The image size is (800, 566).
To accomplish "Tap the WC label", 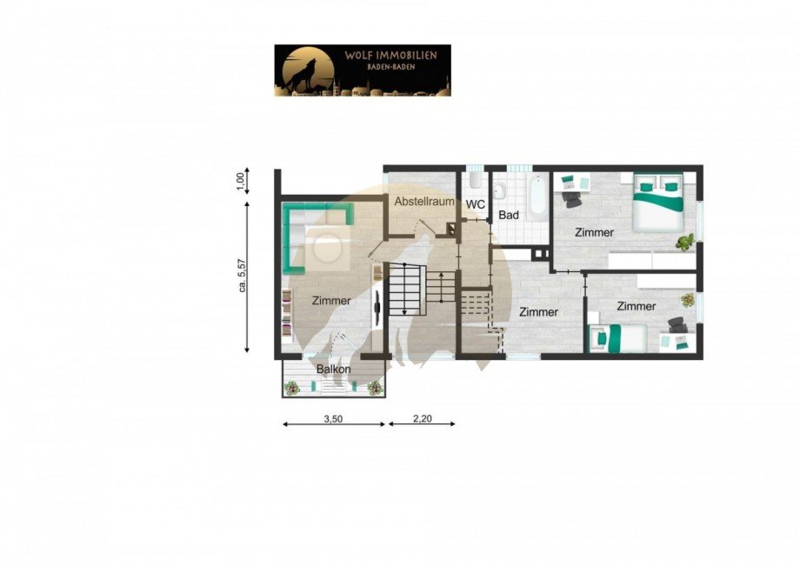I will click(475, 204).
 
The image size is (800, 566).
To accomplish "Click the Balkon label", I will click(334, 370).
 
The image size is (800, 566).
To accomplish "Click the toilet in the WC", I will click(475, 181).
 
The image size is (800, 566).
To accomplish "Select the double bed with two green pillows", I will click(657, 202).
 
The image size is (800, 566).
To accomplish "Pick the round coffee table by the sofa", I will click(329, 247).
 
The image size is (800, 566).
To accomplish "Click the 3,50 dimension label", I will click(334, 418).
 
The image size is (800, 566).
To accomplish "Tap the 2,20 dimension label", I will click(422, 418).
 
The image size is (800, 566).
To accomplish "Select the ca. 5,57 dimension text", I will click(242, 275).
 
